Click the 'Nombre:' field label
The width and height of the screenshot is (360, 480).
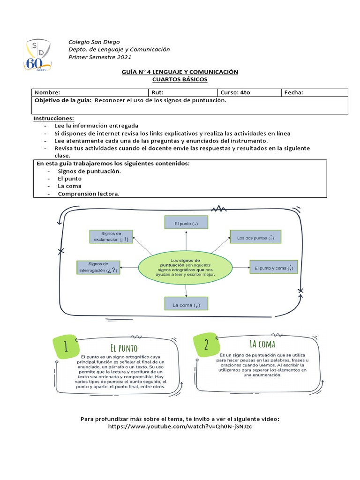pyautogui.click(x=47, y=92)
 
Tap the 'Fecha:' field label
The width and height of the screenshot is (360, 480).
pyautogui.click(x=294, y=92)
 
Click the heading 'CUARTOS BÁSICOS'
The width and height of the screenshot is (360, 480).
pyautogui.click(x=180, y=79)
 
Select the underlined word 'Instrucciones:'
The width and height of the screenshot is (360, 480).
pyautogui.click(x=53, y=119)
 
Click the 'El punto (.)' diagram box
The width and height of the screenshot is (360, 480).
pyautogui.click(x=187, y=224)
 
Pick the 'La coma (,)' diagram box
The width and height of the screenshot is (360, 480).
pyautogui.click(x=187, y=305)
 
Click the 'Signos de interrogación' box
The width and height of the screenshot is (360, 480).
pyautogui.click(x=98, y=267)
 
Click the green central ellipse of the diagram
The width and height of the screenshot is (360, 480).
pyautogui.click(x=186, y=267)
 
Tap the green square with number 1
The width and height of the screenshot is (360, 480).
pyautogui.click(x=66, y=346)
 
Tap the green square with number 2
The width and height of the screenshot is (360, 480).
pyautogui.click(x=206, y=345)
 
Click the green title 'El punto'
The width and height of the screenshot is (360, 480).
pyautogui.click(x=124, y=347)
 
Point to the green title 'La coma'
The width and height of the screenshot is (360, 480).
pyautogui.click(x=262, y=345)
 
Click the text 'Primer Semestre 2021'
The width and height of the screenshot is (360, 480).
pyautogui.click(x=100, y=57)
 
